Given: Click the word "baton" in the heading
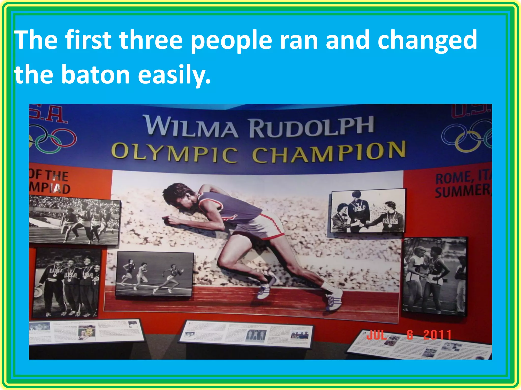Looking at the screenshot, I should [95, 74].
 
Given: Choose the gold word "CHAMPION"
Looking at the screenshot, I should [329, 152].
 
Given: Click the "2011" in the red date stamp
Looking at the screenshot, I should [437, 335].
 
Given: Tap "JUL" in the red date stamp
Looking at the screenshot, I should [377, 335].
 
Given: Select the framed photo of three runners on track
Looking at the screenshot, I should [154, 274].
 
